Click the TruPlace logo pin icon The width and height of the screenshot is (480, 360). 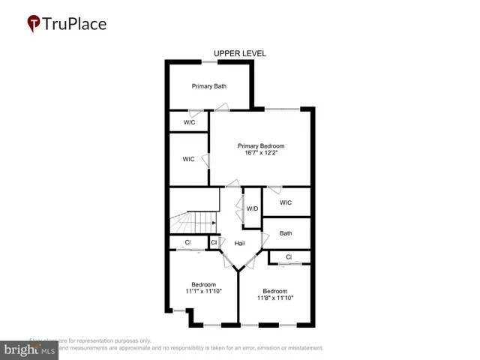pos(34,23)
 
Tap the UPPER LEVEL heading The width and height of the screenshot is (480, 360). pos(240,53)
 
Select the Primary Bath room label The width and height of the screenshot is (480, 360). pos(209,86)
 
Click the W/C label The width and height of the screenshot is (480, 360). pos(190,122)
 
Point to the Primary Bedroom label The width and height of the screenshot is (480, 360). pos(261,145)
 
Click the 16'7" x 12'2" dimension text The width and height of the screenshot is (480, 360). pos(261,153)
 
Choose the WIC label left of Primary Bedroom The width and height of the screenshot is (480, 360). pos(189,159)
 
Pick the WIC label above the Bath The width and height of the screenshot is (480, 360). pos(286,202)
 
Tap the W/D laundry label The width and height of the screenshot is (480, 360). pos(253,208)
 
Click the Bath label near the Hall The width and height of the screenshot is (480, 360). pos(286,233)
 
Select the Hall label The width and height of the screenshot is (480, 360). pos(240,244)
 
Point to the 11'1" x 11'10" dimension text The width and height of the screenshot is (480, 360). pos(203,291)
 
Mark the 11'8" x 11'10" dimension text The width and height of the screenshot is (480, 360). pos(274,298)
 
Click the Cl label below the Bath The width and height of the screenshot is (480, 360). pos(289,257)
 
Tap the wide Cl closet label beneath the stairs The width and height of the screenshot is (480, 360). pos(188,243)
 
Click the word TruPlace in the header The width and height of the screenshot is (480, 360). pos(75,23)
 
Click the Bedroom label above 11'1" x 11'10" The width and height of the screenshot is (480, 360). pos(203,284)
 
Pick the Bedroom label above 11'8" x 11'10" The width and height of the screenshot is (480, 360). pos(274,291)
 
